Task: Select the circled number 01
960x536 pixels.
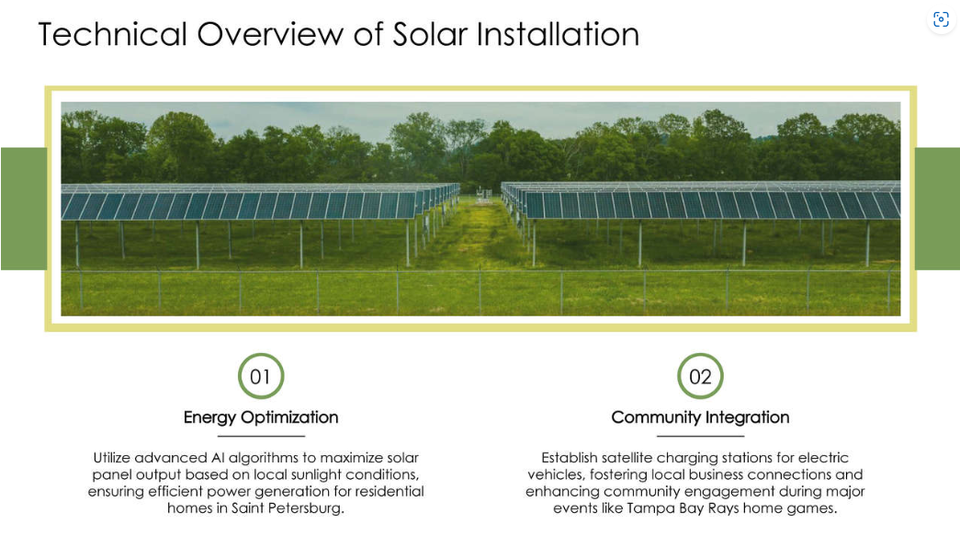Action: click(x=261, y=376)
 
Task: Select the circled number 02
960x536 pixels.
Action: click(x=700, y=376)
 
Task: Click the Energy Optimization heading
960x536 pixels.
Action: click(x=261, y=417)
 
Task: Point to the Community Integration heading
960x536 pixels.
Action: click(x=700, y=417)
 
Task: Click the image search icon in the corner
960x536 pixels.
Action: click(x=941, y=19)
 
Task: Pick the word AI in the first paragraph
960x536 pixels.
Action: click(x=235, y=458)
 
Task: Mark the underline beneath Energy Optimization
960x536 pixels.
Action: click(x=261, y=436)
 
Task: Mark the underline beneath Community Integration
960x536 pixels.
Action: click(x=700, y=436)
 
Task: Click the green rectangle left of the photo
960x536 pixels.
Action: click(x=23, y=209)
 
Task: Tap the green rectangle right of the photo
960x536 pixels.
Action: click(x=937, y=209)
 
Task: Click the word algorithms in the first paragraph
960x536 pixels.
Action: click(x=285, y=458)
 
